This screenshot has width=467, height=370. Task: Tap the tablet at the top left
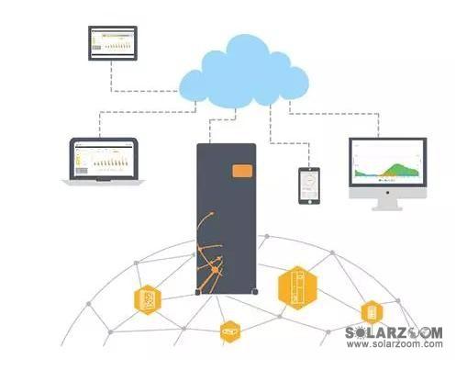[113, 43]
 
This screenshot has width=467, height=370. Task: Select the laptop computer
[104, 162]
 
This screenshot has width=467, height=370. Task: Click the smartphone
[309, 185]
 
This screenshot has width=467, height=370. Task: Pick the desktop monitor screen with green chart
[387, 162]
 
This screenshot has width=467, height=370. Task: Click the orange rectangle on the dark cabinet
[242, 171]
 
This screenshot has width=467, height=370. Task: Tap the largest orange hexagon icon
[297, 288]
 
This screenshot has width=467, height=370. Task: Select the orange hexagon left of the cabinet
[148, 299]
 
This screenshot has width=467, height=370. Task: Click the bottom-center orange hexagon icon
[230, 331]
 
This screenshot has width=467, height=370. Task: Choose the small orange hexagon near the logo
[372, 312]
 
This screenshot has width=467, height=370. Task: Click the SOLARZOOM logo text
[394, 332]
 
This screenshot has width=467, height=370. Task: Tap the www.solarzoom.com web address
[395, 343]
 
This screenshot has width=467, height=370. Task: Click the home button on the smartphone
[309, 202]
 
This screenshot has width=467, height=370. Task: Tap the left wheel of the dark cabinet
[197, 292]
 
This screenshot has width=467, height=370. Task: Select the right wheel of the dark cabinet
[255, 292]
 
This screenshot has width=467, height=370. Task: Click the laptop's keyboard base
[104, 183]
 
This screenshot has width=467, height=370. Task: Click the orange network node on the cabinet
[216, 270]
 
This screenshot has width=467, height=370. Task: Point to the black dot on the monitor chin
[387, 193]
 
